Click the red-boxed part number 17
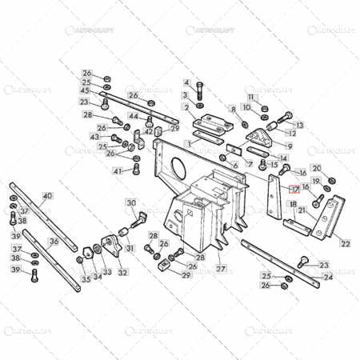[294, 190]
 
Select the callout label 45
[85, 90]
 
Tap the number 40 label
[47, 196]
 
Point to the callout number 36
[54, 241]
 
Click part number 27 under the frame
[221, 270]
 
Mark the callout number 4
[186, 82]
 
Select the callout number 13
[290, 147]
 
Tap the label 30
[130, 204]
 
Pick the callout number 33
[107, 273]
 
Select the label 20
[316, 168]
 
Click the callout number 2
[186, 106]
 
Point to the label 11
[250, 97]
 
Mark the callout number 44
[134, 117]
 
